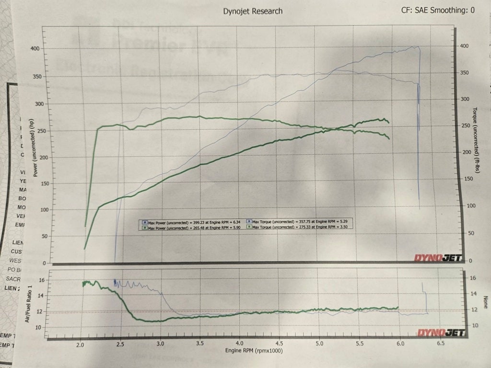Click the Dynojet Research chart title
pyautogui.click(x=253, y=11)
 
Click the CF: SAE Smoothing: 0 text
pyautogui.click(x=438, y=10)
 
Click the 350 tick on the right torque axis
pyautogui.click(x=464, y=73)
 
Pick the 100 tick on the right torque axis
pyautogui.click(x=471, y=206)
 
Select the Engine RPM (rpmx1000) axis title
pyautogui.click(x=255, y=351)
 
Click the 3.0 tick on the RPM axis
pyautogui.click(x=160, y=344)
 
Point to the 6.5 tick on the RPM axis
pyautogui.click(x=440, y=344)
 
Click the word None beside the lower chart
pyautogui.click(x=485, y=302)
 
